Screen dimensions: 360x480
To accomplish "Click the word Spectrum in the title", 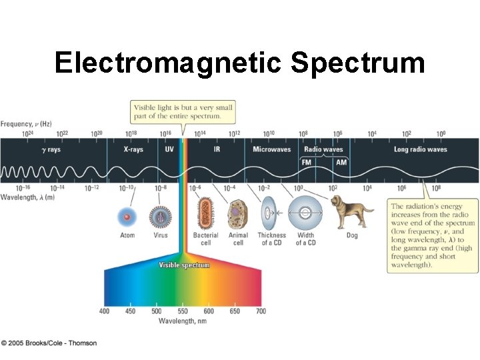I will tap(358, 63).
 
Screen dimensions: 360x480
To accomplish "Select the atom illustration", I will tap(127, 217).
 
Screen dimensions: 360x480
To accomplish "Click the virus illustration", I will tap(161, 217).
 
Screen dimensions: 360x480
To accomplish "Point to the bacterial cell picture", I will tap(205, 214).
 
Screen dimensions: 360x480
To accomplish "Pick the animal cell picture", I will tap(238, 214).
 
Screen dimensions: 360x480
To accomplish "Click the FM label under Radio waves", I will tap(307, 162).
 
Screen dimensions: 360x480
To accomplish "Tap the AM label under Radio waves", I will tap(341, 162).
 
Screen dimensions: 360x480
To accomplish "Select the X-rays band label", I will tap(133, 150).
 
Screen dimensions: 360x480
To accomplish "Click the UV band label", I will tap(169, 150).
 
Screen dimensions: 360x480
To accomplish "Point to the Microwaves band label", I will tap(271, 150).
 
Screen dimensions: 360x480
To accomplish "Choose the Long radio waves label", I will tap(420, 150).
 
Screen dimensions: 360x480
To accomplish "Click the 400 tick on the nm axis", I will tap(105, 311).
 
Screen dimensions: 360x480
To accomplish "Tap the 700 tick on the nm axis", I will tap(261, 311).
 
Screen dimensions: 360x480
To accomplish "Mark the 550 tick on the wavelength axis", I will tap(183, 311).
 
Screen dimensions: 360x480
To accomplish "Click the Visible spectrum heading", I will tap(183, 265).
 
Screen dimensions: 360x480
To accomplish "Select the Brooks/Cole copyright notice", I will tap(49, 343).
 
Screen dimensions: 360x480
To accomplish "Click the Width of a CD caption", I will tap(306, 239).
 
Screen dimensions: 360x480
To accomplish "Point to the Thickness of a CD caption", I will tap(271, 239).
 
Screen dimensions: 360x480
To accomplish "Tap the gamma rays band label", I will tap(51, 150).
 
